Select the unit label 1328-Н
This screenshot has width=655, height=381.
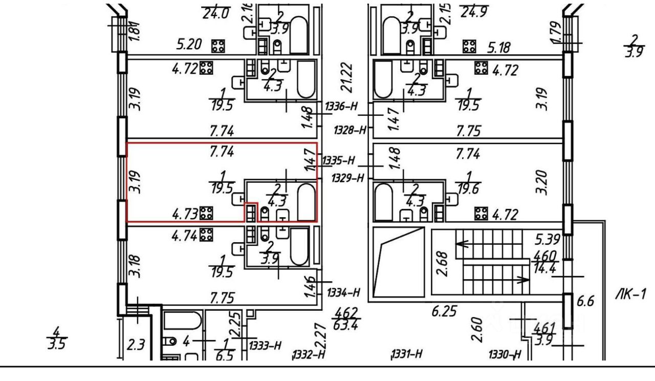351,130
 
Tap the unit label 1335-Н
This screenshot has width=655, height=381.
338,161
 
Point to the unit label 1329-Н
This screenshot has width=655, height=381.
348,178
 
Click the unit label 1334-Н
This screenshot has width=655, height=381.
343,292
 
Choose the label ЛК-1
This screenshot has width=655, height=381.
631,294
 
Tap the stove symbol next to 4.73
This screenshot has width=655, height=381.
207,213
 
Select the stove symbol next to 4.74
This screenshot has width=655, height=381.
207,235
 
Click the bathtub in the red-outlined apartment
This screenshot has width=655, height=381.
307,201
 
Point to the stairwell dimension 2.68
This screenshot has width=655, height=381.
444,262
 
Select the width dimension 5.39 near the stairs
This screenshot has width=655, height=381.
547,239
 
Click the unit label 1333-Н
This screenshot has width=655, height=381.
265,345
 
